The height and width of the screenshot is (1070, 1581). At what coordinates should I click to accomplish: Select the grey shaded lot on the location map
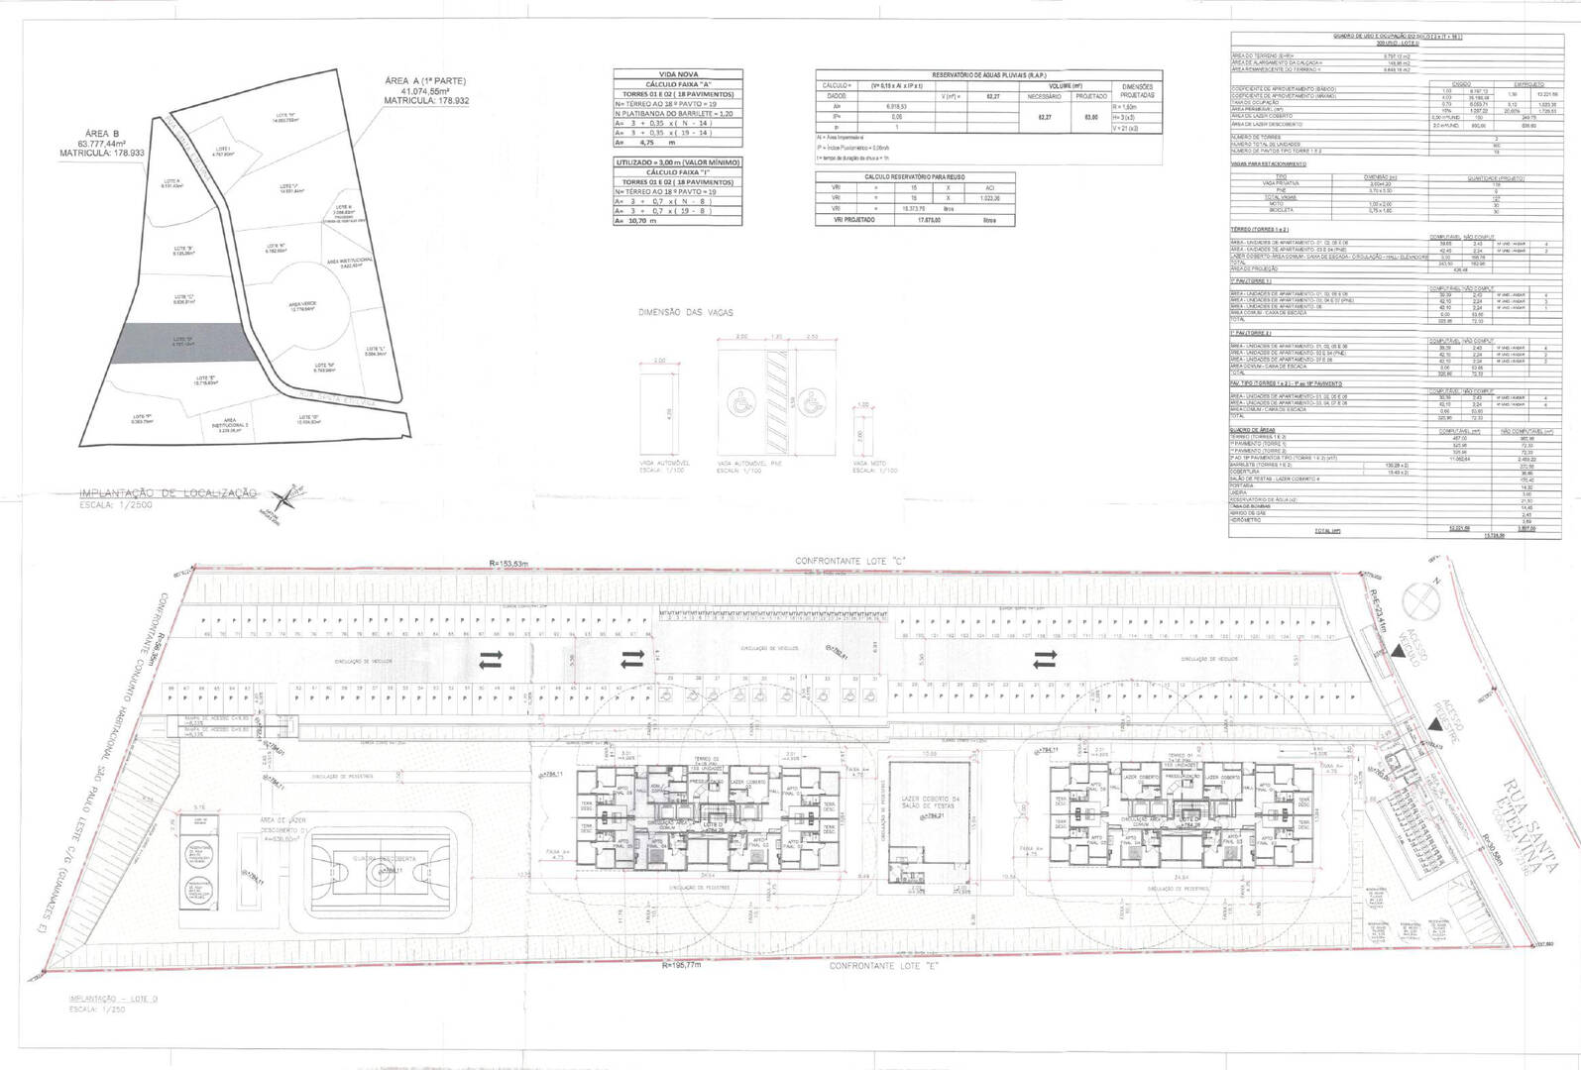pos(182,342)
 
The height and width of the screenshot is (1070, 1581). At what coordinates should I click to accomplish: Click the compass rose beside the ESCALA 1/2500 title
pos(289,496)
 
